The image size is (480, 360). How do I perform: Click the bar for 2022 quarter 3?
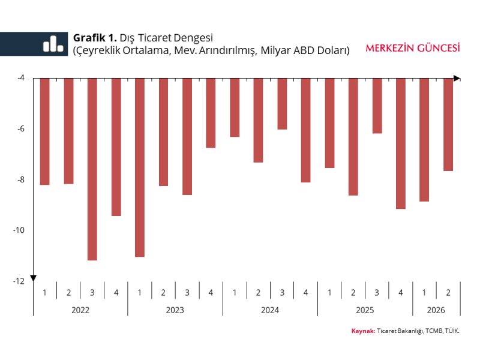(x=92, y=169)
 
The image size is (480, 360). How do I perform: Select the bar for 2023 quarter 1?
(x=140, y=167)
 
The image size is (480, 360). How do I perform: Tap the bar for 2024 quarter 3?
(x=282, y=104)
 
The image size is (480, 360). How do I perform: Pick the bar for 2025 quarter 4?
(x=401, y=143)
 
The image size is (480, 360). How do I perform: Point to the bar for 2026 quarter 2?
(x=448, y=125)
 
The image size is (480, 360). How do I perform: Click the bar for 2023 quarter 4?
(x=211, y=113)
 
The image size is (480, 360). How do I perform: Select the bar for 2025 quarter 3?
(x=377, y=106)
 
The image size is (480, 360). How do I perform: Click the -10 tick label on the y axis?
(x=19, y=230)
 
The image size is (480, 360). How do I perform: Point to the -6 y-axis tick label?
(x=21, y=129)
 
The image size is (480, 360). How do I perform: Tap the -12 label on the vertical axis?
(x=19, y=281)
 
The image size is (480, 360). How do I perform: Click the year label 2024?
(x=270, y=310)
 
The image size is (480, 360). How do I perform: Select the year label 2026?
(x=436, y=310)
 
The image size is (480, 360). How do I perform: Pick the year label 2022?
(x=80, y=310)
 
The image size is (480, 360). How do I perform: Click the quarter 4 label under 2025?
(x=401, y=293)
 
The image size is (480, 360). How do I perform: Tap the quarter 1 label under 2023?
(x=140, y=293)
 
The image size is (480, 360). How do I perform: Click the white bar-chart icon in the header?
(x=53, y=44)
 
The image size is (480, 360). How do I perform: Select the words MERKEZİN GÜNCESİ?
(x=413, y=48)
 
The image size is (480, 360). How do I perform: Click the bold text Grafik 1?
(x=95, y=38)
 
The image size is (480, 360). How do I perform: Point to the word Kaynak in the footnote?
(x=363, y=331)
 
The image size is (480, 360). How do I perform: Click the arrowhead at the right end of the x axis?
(x=457, y=79)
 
